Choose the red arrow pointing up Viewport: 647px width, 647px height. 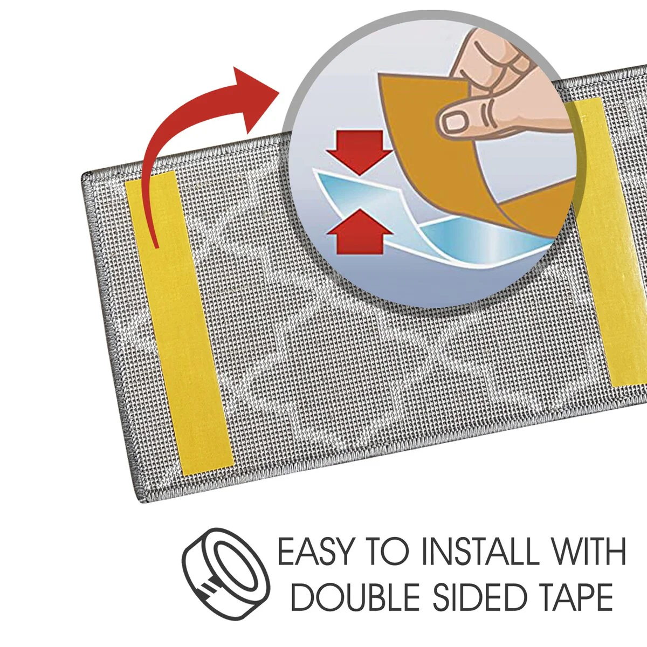pos(360,231)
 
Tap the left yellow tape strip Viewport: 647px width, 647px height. pos(179,322)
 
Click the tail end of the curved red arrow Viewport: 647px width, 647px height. pos(156,248)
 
